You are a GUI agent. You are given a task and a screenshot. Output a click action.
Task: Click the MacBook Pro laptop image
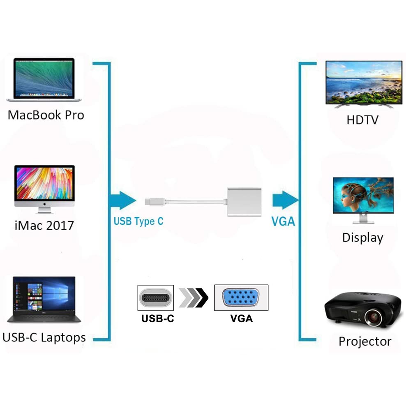pos(44,79)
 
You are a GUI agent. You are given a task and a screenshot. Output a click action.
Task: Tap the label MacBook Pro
pos(46,115)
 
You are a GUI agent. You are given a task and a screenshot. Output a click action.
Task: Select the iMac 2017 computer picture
pos(44,189)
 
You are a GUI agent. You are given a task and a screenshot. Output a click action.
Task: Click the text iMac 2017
pos(44,225)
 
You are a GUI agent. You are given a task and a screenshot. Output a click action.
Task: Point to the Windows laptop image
pos(44,300)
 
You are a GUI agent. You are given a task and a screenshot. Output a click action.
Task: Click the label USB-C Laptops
pos(44,338)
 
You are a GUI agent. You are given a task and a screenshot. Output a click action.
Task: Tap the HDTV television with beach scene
pos(364,84)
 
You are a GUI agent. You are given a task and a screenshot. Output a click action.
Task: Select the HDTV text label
pos(362,120)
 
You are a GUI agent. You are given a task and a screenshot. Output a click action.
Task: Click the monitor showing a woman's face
pos(363,200)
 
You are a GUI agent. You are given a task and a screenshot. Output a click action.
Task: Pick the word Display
pos(362,238)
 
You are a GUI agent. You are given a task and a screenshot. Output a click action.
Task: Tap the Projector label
pos(365,341)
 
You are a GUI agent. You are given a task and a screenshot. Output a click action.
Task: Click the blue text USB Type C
pos(138,221)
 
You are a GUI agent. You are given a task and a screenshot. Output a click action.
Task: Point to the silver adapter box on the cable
pos(244,202)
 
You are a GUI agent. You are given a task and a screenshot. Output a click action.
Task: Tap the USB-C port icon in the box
pos(155,298)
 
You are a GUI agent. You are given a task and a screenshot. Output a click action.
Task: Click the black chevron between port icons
pos(202,298)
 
